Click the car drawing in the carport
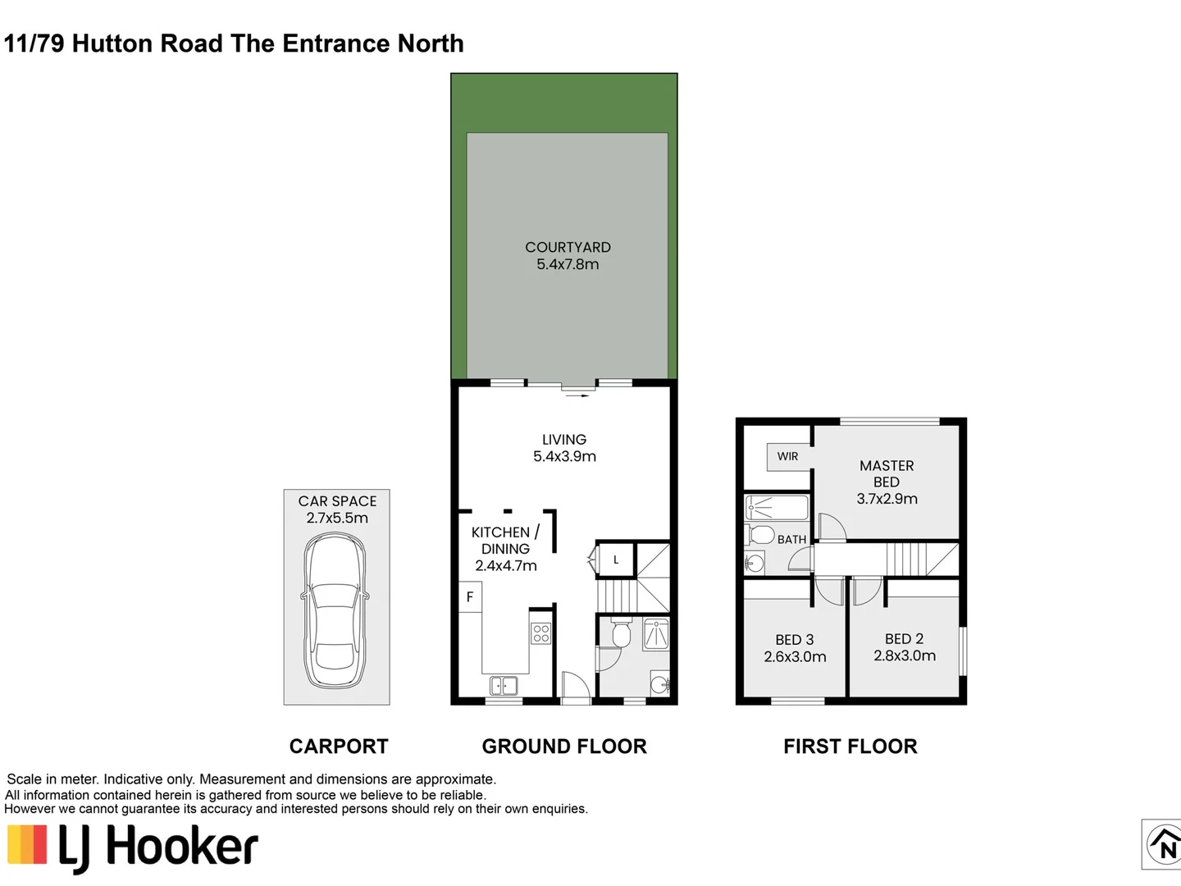pyautogui.click(x=336, y=611)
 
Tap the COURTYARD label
pyautogui.click(x=568, y=247)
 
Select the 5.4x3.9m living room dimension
pyautogui.click(x=564, y=457)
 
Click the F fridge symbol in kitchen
pyautogui.click(x=470, y=597)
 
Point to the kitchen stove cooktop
pyautogui.click(x=540, y=633)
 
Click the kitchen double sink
pyautogui.click(x=503, y=685)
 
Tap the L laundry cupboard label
pyautogui.click(x=616, y=560)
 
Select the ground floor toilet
pyautogui.click(x=621, y=633)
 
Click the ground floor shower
pyautogui.click(x=656, y=633)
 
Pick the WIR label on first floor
pyautogui.click(x=787, y=456)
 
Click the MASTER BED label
pyautogui.click(x=886, y=473)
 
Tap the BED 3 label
pyautogui.click(x=794, y=640)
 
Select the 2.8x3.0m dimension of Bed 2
pyautogui.click(x=904, y=655)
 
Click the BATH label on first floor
pyautogui.click(x=791, y=539)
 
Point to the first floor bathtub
pyautogui.click(x=777, y=508)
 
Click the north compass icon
pyautogui.click(x=1163, y=844)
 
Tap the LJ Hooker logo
pyautogui.click(x=133, y=847)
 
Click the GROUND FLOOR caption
pyautogui.click(x=564, y=747)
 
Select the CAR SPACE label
pyautogui.click(x=337, y=501)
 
